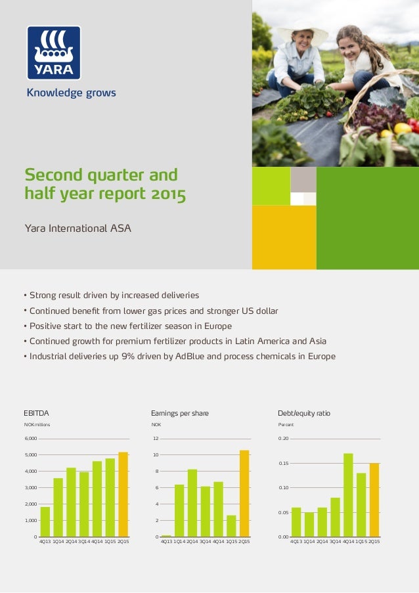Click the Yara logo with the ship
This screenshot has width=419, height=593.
click(x=54, y=53)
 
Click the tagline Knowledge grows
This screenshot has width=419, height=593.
click(x=71, y=93)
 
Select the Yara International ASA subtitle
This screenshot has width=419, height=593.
click(x=77, y=229)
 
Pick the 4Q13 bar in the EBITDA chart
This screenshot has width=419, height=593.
click(x=45, y=522)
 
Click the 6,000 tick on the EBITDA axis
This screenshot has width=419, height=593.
click(x=31, y=438)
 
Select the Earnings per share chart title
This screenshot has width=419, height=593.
click(x=180, y=413)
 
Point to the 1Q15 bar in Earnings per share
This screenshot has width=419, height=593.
click(x=231, y=526)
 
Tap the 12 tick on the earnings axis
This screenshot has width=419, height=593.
click(x=156, y=438)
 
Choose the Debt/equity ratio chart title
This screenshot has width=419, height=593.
click(x=304, y=413)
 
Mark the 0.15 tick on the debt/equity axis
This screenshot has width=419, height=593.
click(x=283, y=464)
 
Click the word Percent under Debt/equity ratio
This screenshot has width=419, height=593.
click(x=286, y=425)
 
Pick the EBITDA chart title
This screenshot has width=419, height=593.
click(x=36, y=413)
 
